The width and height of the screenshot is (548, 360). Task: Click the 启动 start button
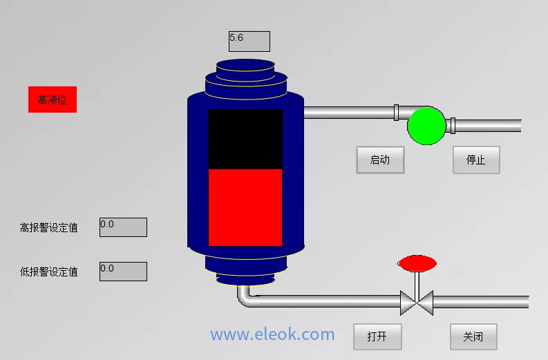coord(380,160)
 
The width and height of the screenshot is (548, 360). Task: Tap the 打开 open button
coord(377,337)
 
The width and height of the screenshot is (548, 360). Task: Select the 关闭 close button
coord(473,337)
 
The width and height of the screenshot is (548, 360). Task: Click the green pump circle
coord(426,126)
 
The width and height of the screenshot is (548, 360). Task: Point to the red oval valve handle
coord(417,263)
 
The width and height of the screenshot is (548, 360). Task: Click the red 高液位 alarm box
coord(53,100)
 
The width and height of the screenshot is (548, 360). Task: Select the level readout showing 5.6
coord(249,41)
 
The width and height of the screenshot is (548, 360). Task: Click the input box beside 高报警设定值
coord(123,227)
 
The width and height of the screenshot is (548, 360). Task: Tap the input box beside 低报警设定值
coord(123,272)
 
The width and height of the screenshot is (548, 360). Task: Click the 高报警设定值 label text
coord(49,227)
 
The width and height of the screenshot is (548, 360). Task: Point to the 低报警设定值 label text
coord(49,272)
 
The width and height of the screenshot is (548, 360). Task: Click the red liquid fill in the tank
coord(245,207)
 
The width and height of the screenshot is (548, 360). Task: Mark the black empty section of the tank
coord(245,138)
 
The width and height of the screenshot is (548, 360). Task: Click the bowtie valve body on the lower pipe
coord(417,302)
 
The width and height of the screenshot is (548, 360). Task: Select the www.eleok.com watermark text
coord(272,335)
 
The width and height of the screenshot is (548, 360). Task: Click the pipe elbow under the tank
coord(245,297)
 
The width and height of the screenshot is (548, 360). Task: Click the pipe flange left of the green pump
coord(397,112)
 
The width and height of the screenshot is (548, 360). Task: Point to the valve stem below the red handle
coord(417,282)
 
